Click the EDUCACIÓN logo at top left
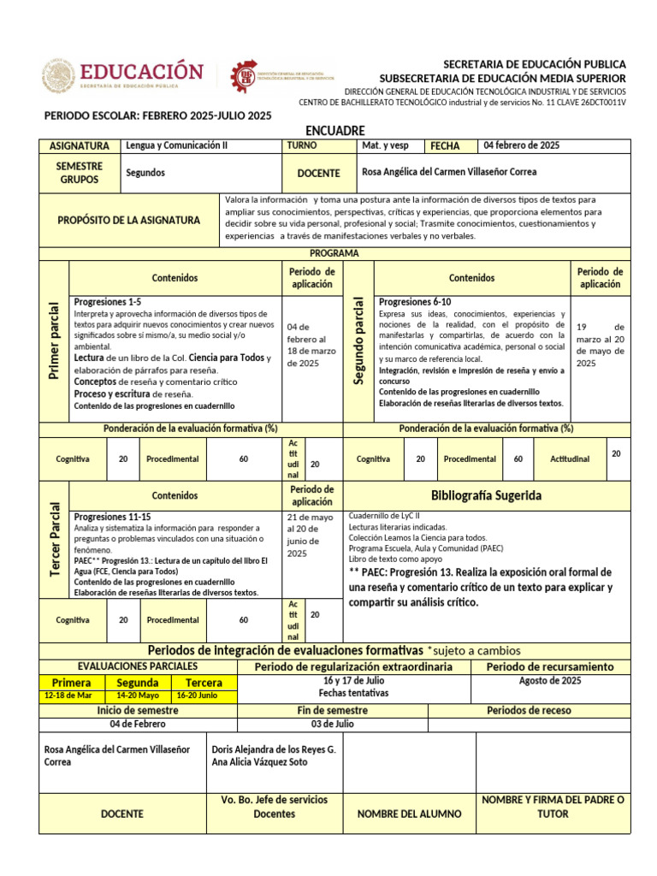(x=124, y=75)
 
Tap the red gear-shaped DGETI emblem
(x=244, y=76)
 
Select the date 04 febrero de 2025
(x=522, y=145)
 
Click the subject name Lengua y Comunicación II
(x=177, y=145)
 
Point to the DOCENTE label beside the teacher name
(x=318, y=173)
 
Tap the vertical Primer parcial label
(x=54, y=340)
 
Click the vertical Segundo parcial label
(x=359, y=340)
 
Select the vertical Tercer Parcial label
(x=54, y=539)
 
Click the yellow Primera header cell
(x=72, y=683)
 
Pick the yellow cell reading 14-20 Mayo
(x=138, y=695)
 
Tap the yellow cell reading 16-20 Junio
(x=198, y=695)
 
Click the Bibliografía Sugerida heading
(x=486, y=495)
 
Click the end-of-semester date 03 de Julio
(x=332, y=724)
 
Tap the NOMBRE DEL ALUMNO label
(x=409, y=814)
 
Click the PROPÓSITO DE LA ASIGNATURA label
(x=129, y=220)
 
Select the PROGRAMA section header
(x=334, y=253)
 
